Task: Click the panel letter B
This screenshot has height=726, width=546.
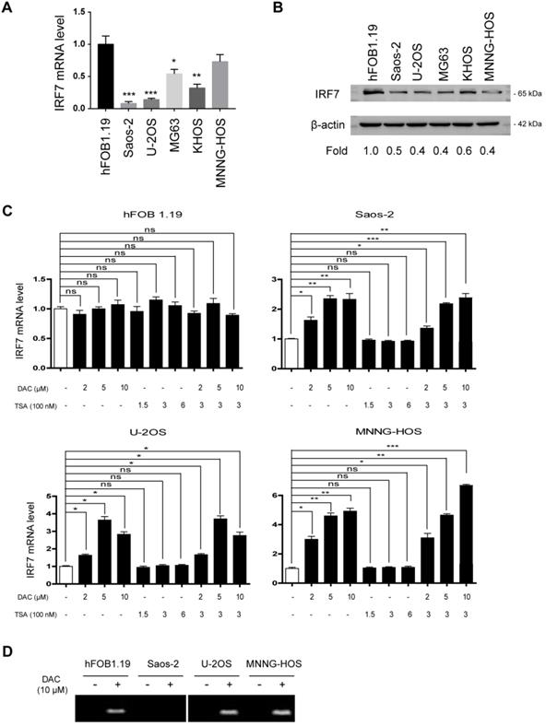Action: click(301, 11)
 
